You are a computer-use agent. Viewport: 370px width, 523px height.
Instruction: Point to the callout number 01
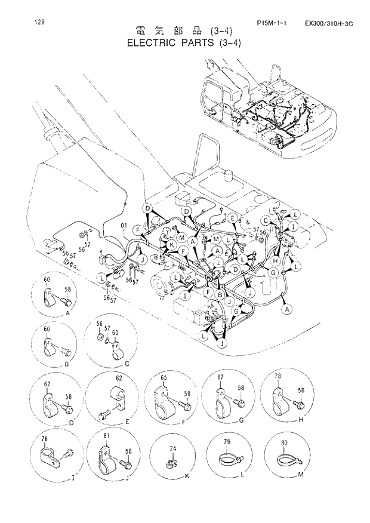click(x=124, y=226)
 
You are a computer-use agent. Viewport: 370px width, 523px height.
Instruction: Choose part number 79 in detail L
click(x=227, y=443)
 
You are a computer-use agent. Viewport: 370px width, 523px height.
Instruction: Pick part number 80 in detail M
click(x=284, y=443)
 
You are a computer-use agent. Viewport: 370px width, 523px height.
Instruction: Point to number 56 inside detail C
click(x=99, y=323)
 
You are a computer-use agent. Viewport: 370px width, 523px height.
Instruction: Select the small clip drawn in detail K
click(x=171, y=462)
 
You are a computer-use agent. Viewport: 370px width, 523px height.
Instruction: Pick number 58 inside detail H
click(x=301, y=390)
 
